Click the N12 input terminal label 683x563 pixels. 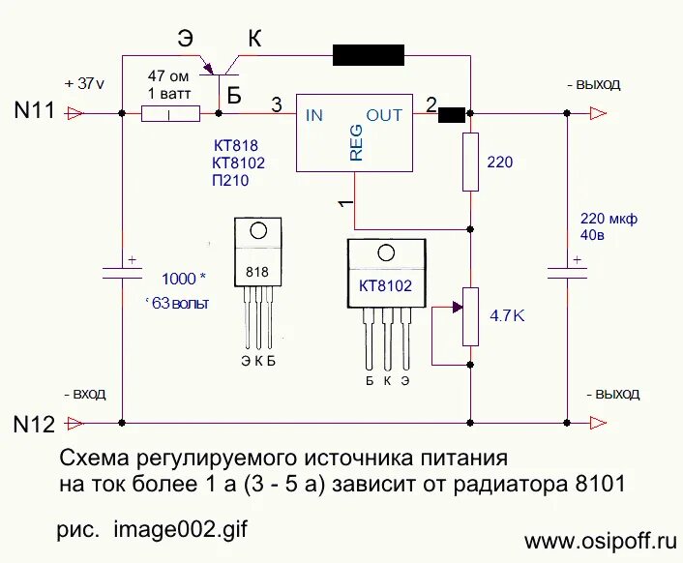pos(35,423)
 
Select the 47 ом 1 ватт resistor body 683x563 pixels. pos(170,114)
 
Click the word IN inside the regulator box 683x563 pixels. pos(314,115)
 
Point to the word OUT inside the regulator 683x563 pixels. pos(384,115)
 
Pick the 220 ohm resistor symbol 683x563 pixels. pos(470,163)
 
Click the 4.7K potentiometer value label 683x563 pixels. pos(507,315)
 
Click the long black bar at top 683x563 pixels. pos(369,54)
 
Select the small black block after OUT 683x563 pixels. pos(451,115)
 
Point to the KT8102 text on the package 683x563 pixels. pos(386,286)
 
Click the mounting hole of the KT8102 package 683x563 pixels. pos(386,253)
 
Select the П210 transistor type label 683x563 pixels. pos(232,180)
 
